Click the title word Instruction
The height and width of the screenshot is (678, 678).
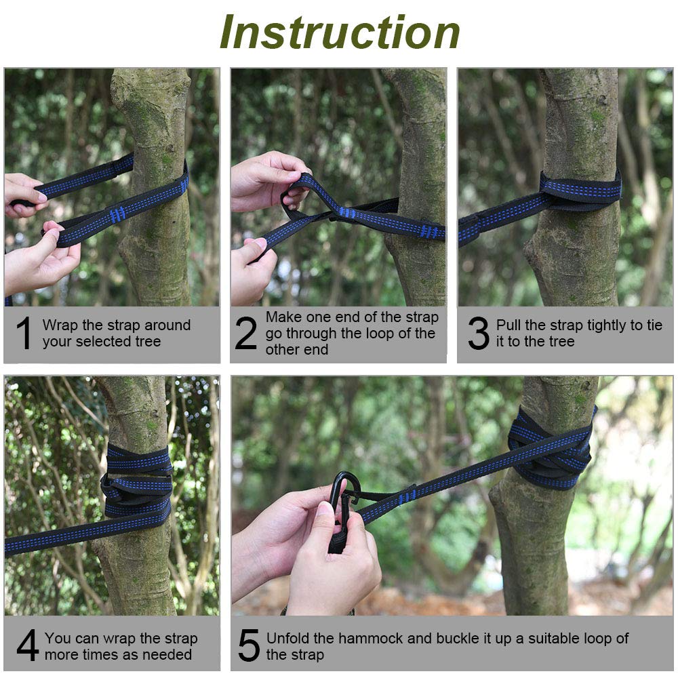(x=340, y=32)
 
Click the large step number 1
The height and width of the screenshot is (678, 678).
(x=24, y=332)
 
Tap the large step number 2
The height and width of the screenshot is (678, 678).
(x=245, y=332)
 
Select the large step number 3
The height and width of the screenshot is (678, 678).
(x=478, y=332)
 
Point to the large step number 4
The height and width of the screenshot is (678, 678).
(x=28, y=645)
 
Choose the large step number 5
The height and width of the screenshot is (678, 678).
(x=249, y=645)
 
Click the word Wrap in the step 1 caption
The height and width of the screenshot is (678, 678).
(x=60, y=325)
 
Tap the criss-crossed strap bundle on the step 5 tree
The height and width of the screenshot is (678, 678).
(x=551, y=450)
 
